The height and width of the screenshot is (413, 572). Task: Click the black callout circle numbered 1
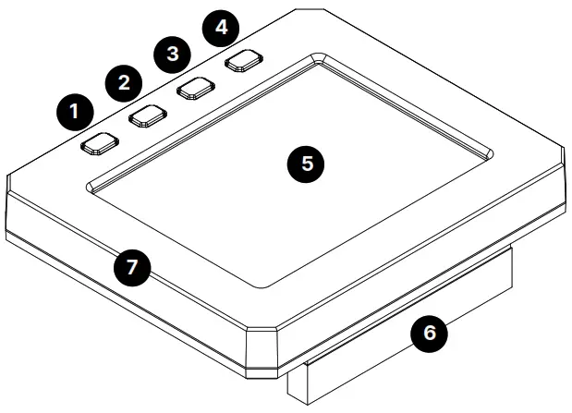(73, 115)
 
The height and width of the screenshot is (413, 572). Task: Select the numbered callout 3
(171, 55)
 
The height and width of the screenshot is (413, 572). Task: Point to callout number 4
(220, 27)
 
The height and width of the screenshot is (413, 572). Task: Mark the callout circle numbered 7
(132, 269)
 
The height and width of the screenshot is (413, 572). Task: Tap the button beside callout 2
(147, 115)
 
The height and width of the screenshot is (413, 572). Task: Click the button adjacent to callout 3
(195, 88)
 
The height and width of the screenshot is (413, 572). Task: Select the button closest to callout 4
(243, 60)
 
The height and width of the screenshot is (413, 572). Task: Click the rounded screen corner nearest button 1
(91, 186)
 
